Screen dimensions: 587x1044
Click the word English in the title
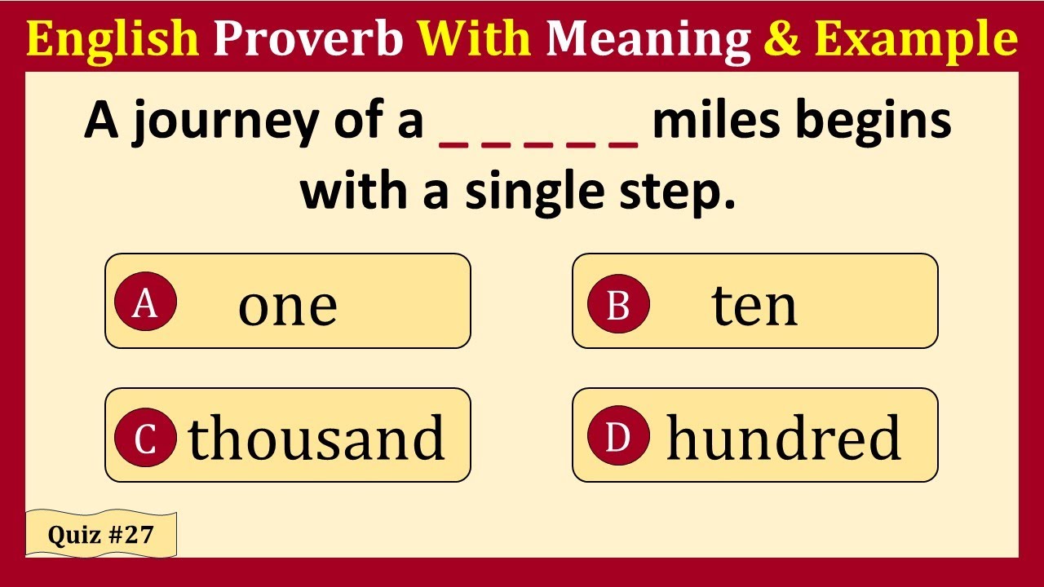click(x=113, y=38)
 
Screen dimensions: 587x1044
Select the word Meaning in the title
click(x=648, y=38)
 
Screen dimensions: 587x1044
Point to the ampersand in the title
click(x=782, y=38)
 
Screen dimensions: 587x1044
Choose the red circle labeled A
click(x=145, y=303)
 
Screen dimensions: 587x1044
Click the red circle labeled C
click(x=145, y=438)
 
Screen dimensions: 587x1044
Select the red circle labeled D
click(x=618, y=438)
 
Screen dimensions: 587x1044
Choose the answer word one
click(x=287, y=307)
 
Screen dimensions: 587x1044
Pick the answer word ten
click(x=754, y=307)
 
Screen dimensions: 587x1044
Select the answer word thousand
click(x=316, y=438)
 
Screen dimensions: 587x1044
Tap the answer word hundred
click(x=784, y=438)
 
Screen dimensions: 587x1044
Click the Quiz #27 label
click(x=100, y=535)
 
